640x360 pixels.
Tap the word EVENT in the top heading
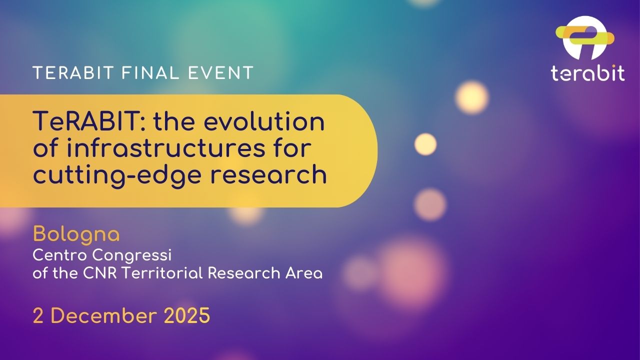(x=220, y=72)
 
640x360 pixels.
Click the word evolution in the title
(x=267, y=121)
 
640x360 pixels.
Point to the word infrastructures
(x=166, y=148)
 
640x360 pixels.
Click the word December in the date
(x=103, y=316)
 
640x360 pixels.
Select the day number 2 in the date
(x=38, y=316)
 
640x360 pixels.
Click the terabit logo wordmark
(x=588, y=73)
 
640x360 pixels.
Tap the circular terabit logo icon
(x=585, y=38)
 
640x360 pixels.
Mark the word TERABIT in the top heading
(x=73, y=72)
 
